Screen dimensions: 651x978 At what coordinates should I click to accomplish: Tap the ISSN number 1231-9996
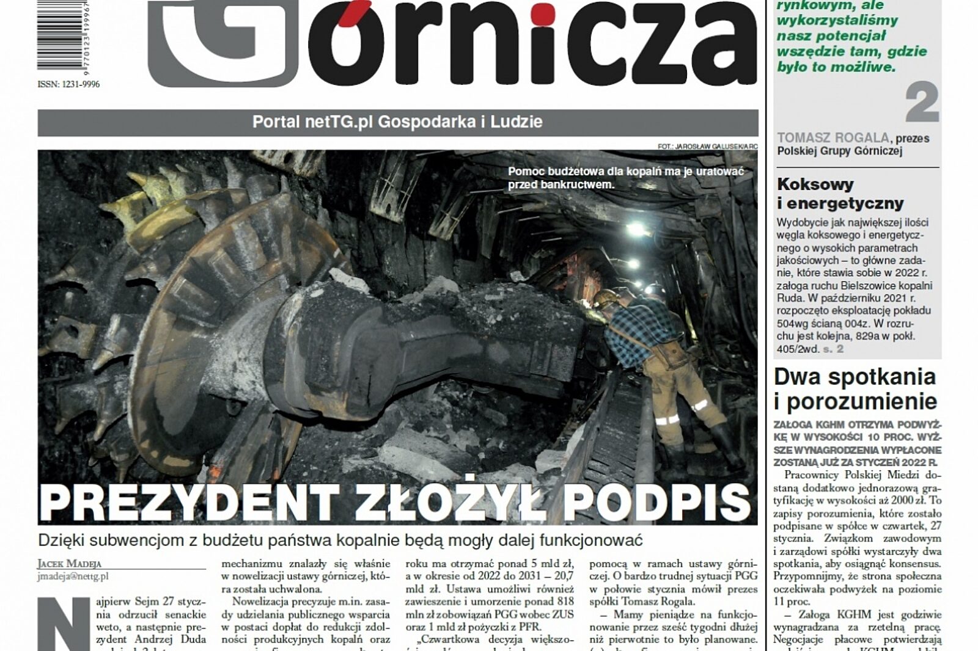click(x=68, y=84)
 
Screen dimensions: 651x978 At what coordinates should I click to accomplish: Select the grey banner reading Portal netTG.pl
click(x=397, y=122)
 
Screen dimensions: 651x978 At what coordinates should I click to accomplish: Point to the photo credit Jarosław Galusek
click(x=707, y=147)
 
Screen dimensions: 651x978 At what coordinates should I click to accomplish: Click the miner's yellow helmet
click(x=606, y=297)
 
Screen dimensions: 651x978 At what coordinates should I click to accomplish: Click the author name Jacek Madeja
click(x=70, y=564)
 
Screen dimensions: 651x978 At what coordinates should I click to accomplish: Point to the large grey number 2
click(x=921, y=103)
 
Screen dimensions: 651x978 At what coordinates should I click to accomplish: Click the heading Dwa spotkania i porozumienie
click(x=855, y=389)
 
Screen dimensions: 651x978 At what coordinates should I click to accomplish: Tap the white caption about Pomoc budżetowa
click(x=625, y=178)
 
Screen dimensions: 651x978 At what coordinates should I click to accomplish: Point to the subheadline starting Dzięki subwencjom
click(x=340, y=540)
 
